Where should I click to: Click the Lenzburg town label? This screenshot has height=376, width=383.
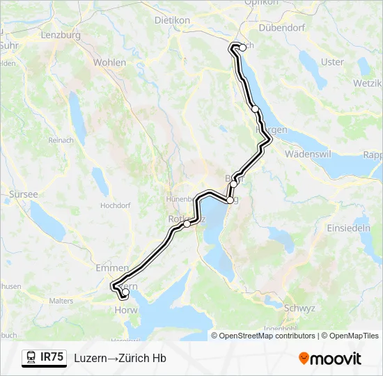pos(61,34)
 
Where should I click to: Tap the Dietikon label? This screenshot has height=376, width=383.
pos(172,21)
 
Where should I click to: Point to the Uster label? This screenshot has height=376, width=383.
pos(332,62)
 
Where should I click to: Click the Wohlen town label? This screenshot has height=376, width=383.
pos(109,63)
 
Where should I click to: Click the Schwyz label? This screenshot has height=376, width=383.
pos(301,308)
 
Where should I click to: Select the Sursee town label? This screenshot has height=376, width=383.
pos(24,194)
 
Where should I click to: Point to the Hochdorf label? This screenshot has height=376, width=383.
pos(116,206)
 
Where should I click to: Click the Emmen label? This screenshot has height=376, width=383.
pos(113,267)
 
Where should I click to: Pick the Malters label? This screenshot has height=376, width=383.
pos(61,301)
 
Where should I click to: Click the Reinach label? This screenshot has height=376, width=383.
pos(61,140)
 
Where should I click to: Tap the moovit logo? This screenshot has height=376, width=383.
pos(329,358)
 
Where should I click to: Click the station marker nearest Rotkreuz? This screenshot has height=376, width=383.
pos(187,224)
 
